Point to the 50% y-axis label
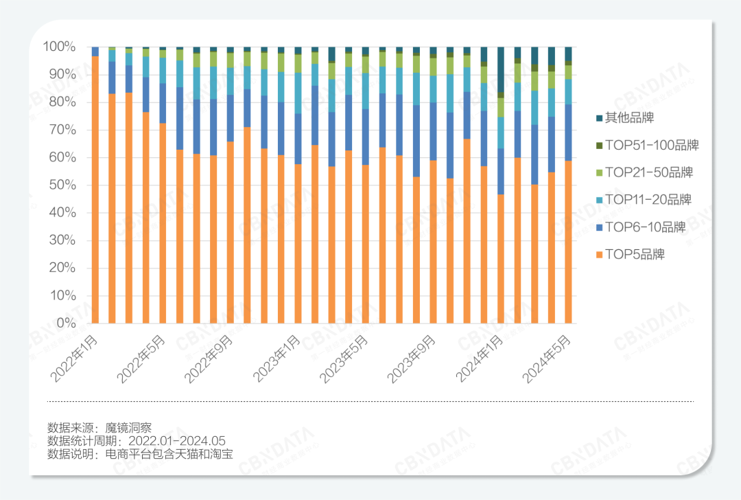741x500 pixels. [62, 185]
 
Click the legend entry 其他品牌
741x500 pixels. [629, 118]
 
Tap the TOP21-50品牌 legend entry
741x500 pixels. [648, 172]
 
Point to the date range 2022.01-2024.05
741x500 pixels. [174, 441]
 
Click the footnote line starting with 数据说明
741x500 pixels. [140, 454]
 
